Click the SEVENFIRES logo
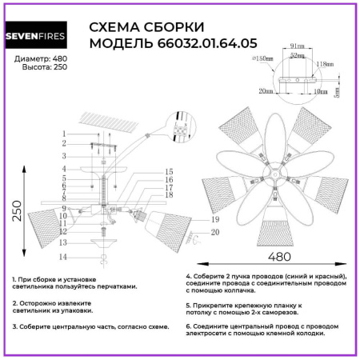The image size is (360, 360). (41, 37)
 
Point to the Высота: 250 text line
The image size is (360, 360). (44, 70)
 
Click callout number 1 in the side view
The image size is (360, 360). (63, 133)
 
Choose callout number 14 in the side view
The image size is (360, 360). (62, 257)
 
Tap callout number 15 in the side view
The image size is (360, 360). (170, 172)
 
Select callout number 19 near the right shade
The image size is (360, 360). (215, 219)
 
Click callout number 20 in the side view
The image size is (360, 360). (215, 232)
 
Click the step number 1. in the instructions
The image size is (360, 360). (15, 278)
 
